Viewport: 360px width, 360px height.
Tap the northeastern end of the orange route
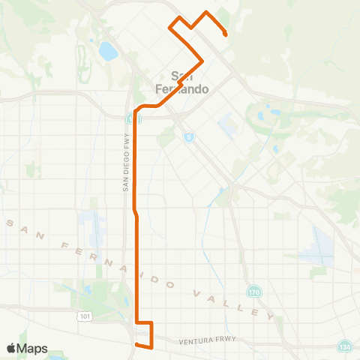[x=226, y=33]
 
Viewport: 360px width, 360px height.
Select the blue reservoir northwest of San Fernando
[x=108, y=52]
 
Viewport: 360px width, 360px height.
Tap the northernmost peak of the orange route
[x=206, y=12]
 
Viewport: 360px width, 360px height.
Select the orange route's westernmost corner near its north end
[x=169, y=28]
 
